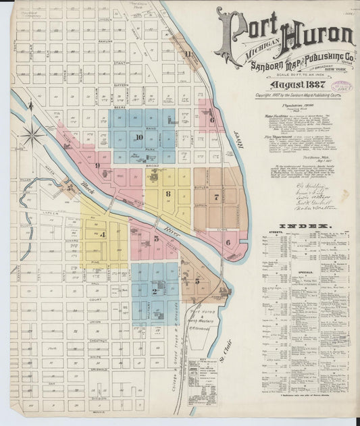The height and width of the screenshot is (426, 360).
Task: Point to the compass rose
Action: click(x=32, y=134)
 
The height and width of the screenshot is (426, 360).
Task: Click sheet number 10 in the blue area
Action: click(x=138, y=137)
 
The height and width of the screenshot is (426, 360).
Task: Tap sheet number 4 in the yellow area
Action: click(x=103, y=234)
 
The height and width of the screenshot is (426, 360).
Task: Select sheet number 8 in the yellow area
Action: click(x=168, y=194)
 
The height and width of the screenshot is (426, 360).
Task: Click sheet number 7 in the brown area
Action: click(x=216, y=197)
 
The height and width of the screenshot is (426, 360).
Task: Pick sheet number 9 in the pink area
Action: click(x=98, y=165)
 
